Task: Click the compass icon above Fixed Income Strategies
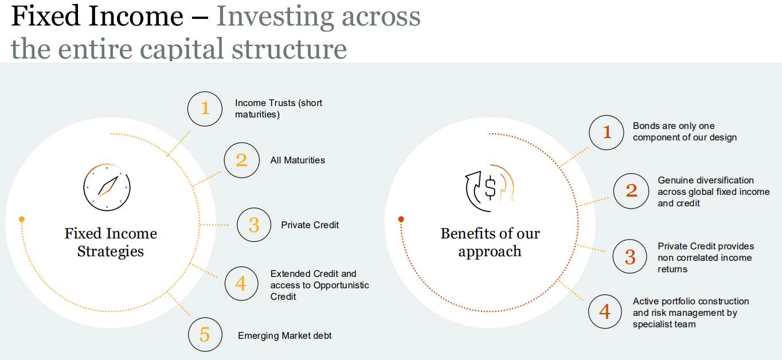tap(107, 187)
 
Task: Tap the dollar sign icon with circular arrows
tap(490, 188)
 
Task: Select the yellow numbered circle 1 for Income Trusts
tap(205, 109)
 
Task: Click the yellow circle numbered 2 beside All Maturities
tap(241, 161)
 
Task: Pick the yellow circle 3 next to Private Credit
tap(254, 225)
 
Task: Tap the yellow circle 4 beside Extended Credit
tap(241, 284)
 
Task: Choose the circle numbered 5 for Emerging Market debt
tap(205, 335)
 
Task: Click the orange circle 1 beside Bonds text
tap(607, 132)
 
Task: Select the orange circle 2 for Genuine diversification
tap(631, 191)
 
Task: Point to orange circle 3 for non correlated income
tap(630, 256)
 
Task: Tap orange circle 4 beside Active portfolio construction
tap(605, 311)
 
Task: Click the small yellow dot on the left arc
tap(22, 220)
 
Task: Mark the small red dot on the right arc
tap(401, 220)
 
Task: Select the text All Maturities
tap(298, 161)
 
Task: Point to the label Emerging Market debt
tap(284, 335)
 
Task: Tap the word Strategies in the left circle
tap(110, 252)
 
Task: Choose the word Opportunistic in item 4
tap(341, 285)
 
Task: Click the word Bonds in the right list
tap(645, 126)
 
